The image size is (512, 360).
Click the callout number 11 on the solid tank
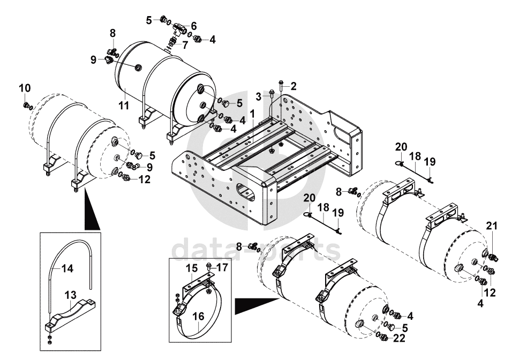point(124,105)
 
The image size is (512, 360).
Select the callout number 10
point(25,87)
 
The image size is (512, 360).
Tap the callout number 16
point(198,317)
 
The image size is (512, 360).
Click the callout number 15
point(191,267)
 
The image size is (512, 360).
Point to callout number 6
point(193,25)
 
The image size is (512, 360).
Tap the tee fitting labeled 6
point(178,26)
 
